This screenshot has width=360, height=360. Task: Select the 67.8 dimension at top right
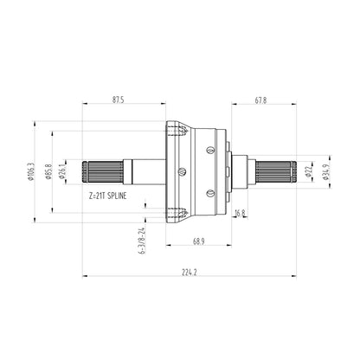(x=261, y=100)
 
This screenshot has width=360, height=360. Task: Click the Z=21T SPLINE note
(x=112, y=196)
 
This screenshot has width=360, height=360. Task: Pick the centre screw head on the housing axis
(x=181, y=170)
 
